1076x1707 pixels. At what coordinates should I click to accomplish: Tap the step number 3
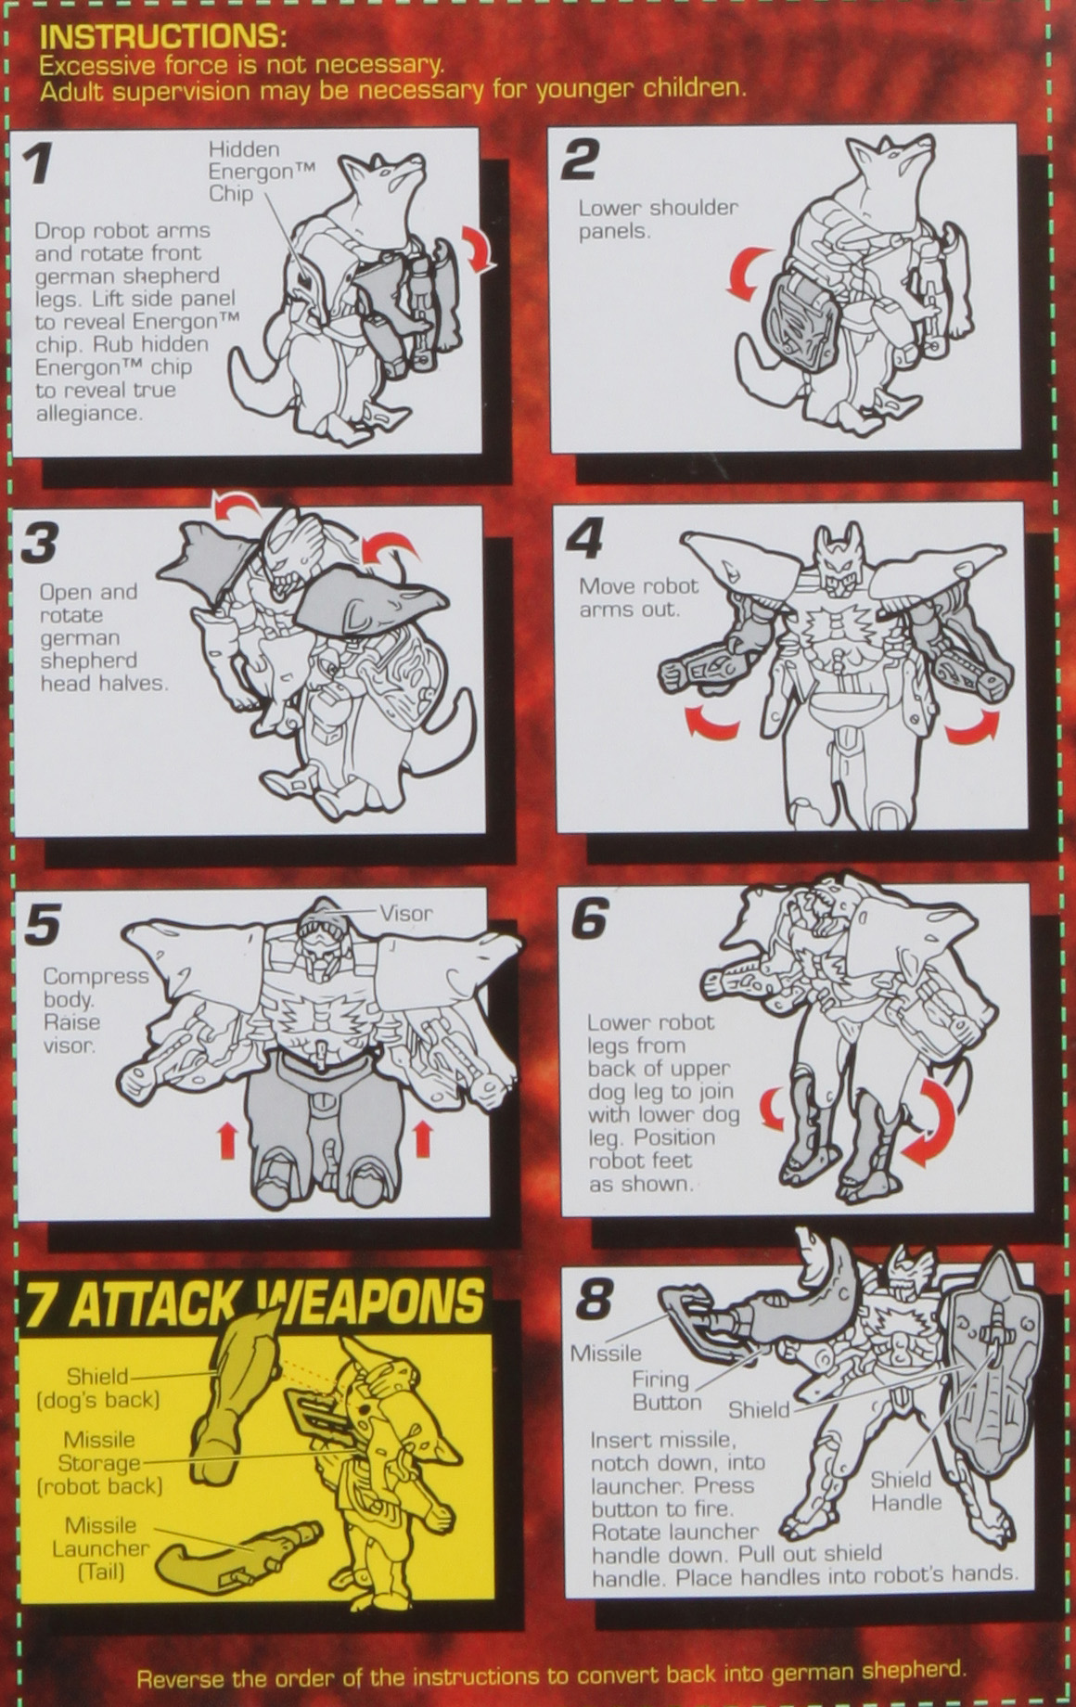coord(39,544)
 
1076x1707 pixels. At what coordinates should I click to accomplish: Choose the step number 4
coord(584,539)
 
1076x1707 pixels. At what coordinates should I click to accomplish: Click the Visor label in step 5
coord(406,913)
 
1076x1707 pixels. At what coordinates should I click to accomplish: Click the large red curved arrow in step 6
coord(929,1123)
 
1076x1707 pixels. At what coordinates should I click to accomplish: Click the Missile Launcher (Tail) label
coord(100,1547)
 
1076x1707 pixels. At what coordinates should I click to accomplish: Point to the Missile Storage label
coord(99,1462)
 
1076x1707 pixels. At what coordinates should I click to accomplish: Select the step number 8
coord(594,1301)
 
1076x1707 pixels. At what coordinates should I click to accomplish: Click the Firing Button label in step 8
coord(667,1391)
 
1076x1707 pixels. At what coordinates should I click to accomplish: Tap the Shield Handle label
coord(905,1491)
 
